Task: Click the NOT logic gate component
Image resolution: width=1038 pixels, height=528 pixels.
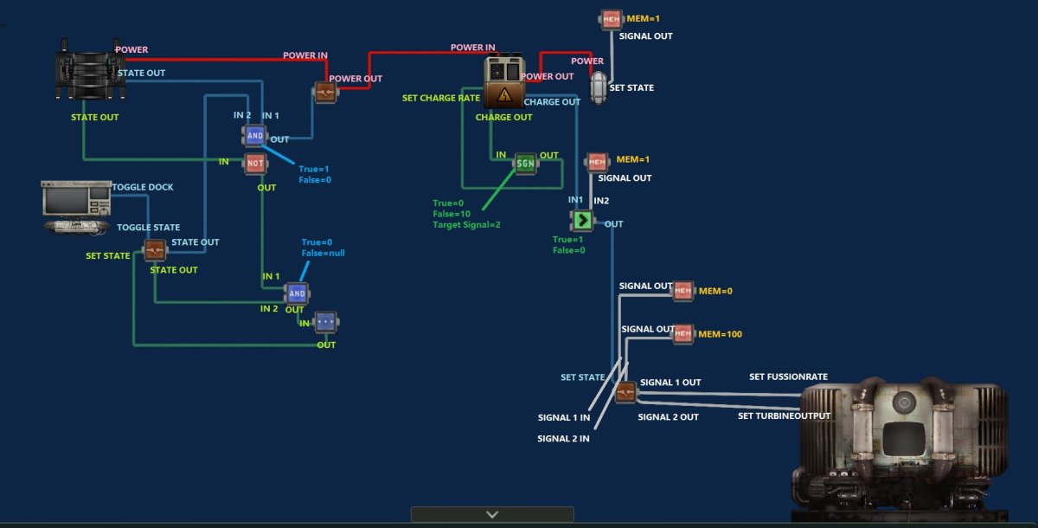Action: click(255, 164)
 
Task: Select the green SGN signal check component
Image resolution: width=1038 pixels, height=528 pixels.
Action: click(525, 163)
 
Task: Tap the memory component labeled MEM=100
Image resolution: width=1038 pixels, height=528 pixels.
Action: click(683, 334)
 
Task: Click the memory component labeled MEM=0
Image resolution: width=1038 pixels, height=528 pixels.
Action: click(683, 291)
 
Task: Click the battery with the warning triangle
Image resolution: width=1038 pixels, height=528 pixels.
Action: click(503, 83)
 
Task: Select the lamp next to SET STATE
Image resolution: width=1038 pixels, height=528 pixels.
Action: click(598, 87)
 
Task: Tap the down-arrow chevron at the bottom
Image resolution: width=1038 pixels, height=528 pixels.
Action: click(492, 514)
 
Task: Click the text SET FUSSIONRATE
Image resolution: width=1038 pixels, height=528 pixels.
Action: click(788, 377)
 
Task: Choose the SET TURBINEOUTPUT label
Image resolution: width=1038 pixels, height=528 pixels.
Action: click(784, 416)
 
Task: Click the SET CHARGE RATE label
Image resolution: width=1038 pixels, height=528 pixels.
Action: click(441, 99)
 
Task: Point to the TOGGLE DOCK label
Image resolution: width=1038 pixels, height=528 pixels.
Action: click(143, 188)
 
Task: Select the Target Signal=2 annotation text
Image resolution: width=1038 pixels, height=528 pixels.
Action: click(466, 225)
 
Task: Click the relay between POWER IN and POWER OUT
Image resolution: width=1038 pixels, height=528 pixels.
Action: click(325, 93)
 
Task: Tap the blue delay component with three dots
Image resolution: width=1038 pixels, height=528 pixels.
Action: click(325, 322)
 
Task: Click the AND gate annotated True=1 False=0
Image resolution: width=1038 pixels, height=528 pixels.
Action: click(255, 135)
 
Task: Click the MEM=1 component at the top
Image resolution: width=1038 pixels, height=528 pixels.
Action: click(611, 18)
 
